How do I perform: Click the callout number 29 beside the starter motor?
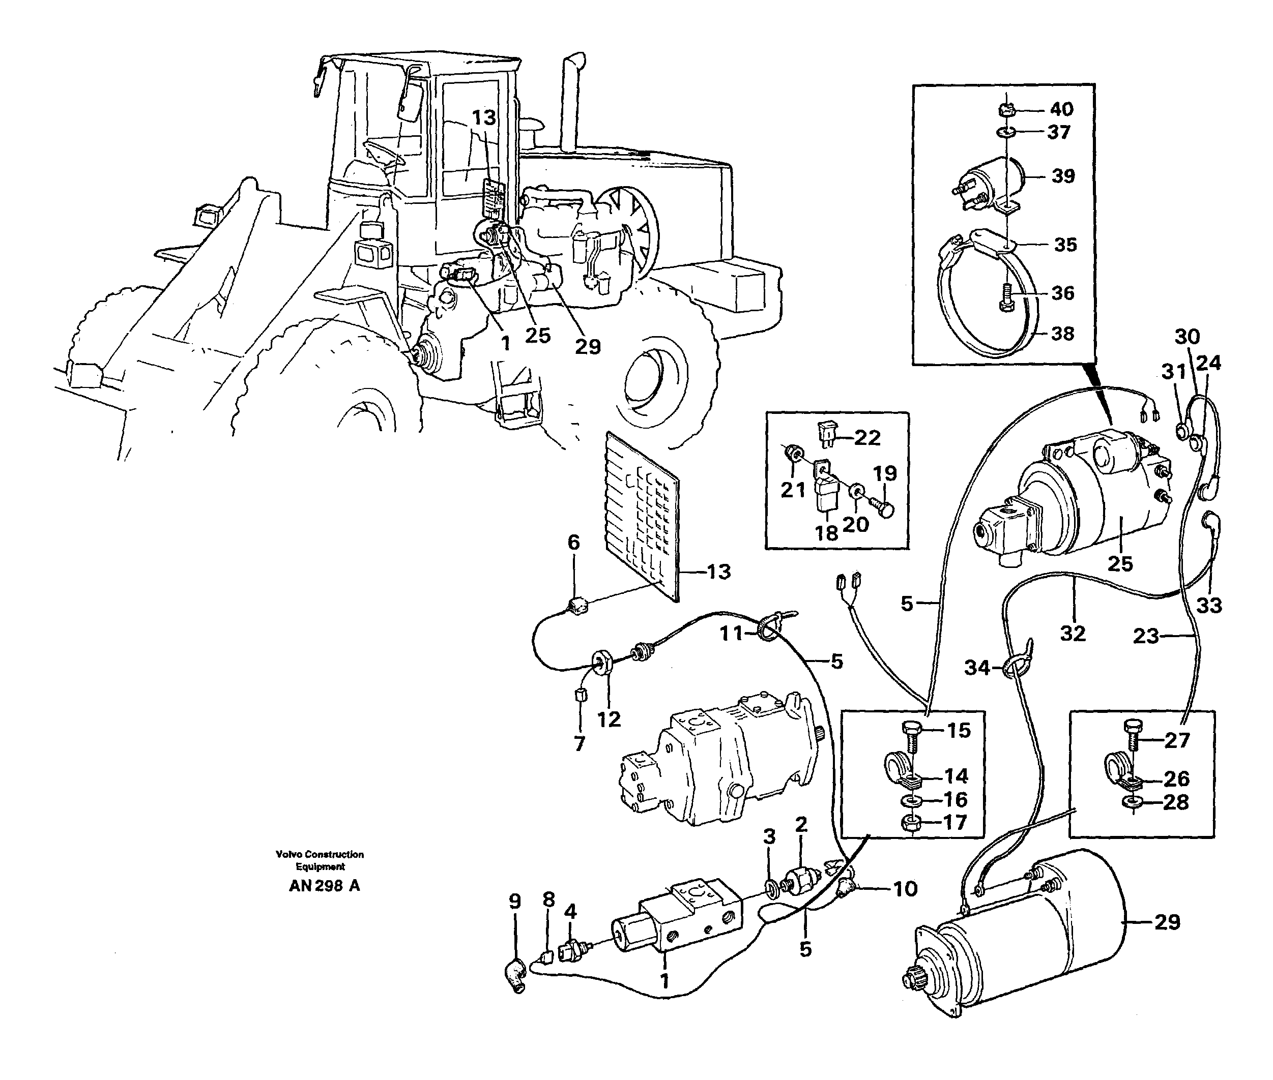coord(1166,921)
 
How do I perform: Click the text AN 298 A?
coord(324,886)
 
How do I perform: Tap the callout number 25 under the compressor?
coord(1120,564)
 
